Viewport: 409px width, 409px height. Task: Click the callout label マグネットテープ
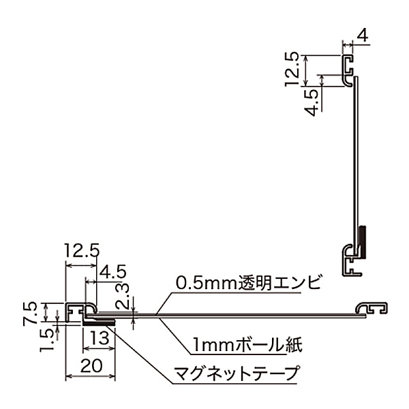(x=237, y=374)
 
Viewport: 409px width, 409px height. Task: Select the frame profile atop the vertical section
(x=349, y=69)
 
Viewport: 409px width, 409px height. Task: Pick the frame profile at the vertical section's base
(x=350, y=260)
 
